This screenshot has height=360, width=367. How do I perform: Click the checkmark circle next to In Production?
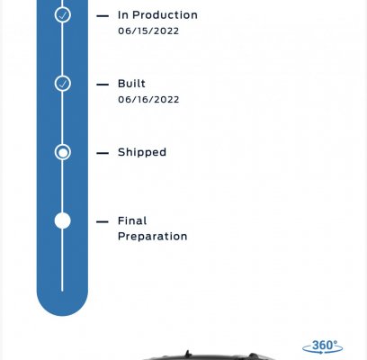coord(63,15)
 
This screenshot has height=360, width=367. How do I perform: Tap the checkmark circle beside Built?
coord(63,84)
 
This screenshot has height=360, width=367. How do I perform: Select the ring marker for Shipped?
coord(63,152)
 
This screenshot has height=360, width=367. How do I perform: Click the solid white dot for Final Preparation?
coord(63,220)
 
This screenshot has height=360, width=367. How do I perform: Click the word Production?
coord(165,15)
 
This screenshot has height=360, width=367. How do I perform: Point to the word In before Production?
coord(123,15)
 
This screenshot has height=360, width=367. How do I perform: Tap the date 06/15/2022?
coord(148,31)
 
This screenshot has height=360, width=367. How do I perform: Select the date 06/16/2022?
coord(148,99)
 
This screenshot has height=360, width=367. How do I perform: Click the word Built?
coord(131,84)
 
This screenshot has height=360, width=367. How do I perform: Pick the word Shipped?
coord(142,152)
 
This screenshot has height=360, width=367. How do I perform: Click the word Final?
coord(132,220)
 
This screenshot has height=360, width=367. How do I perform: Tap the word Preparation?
coord(153,237)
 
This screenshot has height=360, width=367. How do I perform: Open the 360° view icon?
coord(323,346)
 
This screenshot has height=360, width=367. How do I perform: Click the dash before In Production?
coord(103,16)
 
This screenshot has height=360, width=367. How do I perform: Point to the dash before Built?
coord(103,85)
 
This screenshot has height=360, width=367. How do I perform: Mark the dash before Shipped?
coord(103,153)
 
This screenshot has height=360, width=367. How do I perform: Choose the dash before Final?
coord(103,222)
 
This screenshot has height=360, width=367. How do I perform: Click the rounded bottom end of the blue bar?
coord(62,315)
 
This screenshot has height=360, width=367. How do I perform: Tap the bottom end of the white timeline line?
coord(62,291)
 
